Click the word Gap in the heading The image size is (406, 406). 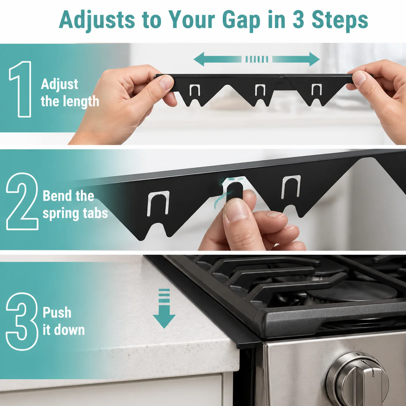(241, 20)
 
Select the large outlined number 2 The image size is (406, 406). (22, 201)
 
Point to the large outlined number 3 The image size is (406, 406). (22, 321)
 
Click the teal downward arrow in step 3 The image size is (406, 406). (164, 308)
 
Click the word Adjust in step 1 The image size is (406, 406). (59, 84)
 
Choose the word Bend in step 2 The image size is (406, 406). (56, 196)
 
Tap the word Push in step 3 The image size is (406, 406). (57, 312)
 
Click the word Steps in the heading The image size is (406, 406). (340, 20)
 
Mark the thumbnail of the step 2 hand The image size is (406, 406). (236, 211)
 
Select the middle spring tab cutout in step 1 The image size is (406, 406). (260, 90)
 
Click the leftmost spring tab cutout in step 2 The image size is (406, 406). (158, 203)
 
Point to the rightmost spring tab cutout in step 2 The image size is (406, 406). (291, 187)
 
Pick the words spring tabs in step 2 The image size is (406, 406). (75, 214)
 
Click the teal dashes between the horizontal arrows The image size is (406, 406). (257, 59)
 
